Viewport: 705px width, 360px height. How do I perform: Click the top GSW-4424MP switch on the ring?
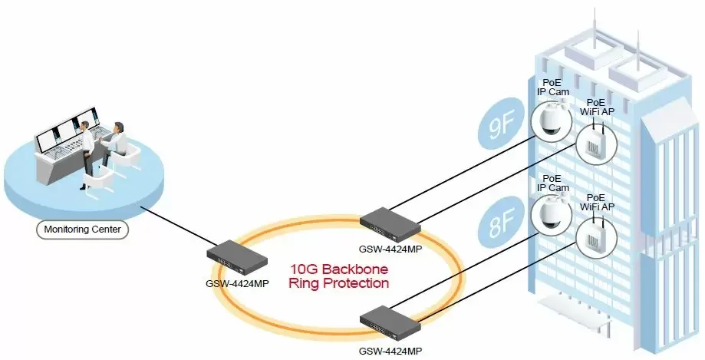coord(390,221)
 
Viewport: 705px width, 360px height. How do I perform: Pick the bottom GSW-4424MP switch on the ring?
coord(390,321)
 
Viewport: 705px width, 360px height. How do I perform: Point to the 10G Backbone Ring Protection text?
coord(338,276)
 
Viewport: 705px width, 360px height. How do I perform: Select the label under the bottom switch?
coord(390,351)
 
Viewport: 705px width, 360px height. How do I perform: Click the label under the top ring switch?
coord(390,248)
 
